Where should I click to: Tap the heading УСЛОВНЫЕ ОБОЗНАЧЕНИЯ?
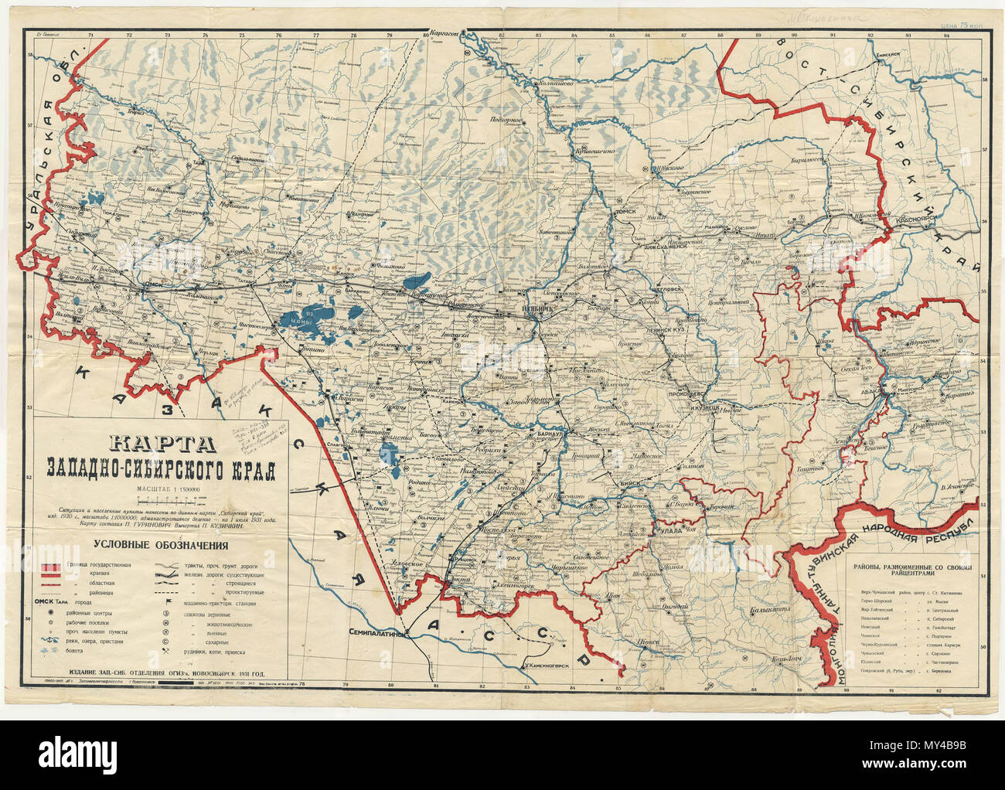click(x=162, y=546)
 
